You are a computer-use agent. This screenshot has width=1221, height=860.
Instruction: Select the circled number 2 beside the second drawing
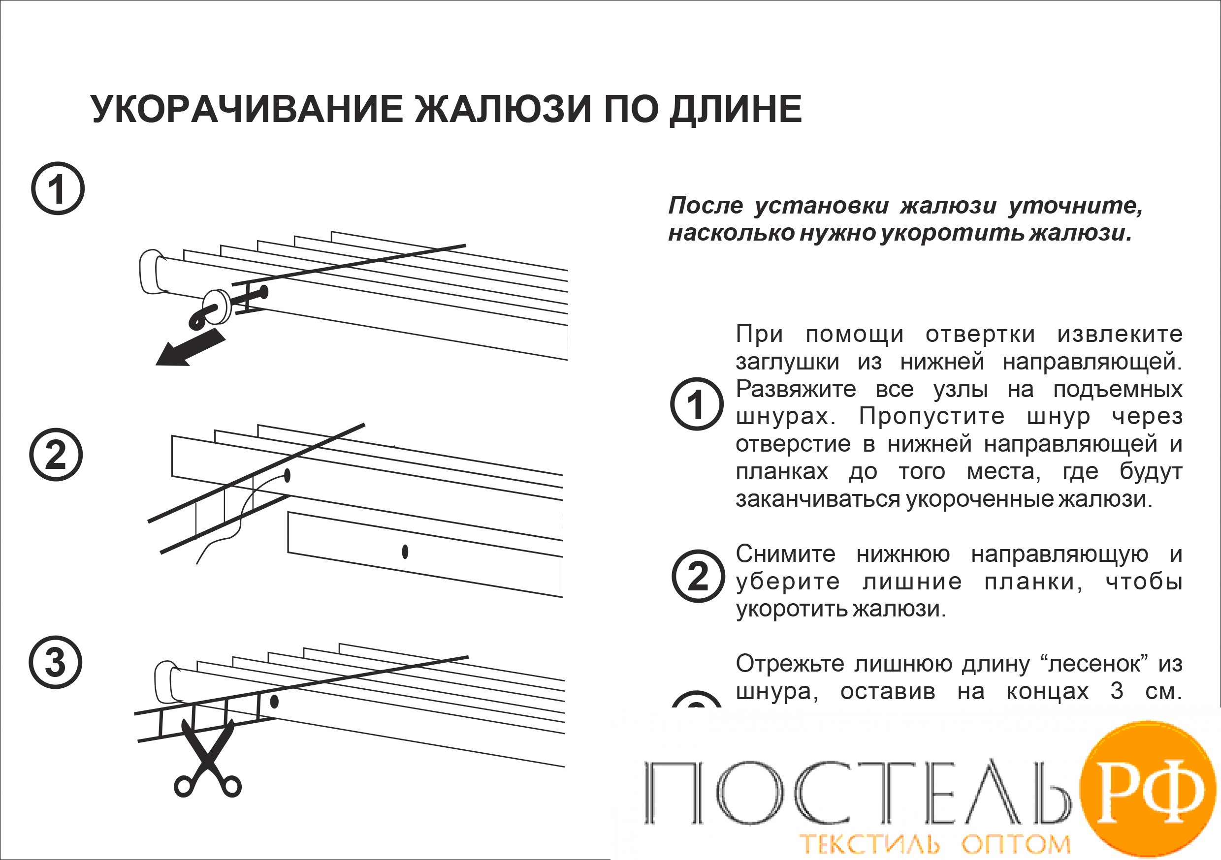56,455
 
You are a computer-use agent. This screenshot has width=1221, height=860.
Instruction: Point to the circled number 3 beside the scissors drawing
55,662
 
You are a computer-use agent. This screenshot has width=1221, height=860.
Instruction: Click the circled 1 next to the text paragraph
697,404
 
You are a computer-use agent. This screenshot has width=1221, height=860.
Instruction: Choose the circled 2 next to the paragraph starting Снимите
698,576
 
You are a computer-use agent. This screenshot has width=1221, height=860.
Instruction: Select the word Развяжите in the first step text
796,390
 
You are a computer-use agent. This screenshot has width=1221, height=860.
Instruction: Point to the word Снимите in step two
785,554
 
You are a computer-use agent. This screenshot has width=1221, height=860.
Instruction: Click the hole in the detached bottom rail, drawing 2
405,552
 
